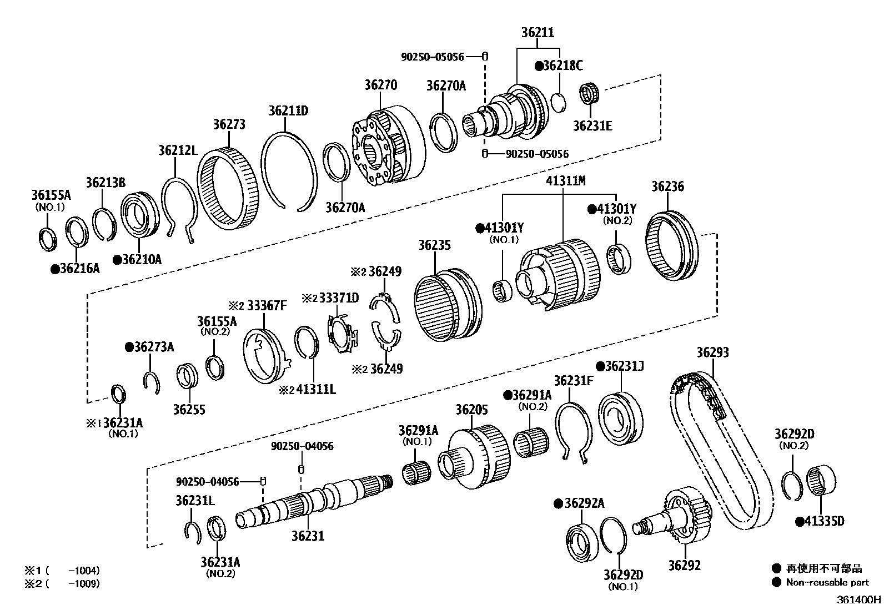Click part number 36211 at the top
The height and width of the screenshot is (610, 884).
537,33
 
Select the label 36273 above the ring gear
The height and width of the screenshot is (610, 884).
229,124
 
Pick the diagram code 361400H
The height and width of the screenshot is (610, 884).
860,599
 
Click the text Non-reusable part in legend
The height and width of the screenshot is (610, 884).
827,582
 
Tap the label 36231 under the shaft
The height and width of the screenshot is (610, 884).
308,536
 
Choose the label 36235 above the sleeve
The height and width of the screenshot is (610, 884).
434,245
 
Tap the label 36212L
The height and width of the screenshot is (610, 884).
178,150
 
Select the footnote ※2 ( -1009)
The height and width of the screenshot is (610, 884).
62,584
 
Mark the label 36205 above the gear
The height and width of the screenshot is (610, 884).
471,410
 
